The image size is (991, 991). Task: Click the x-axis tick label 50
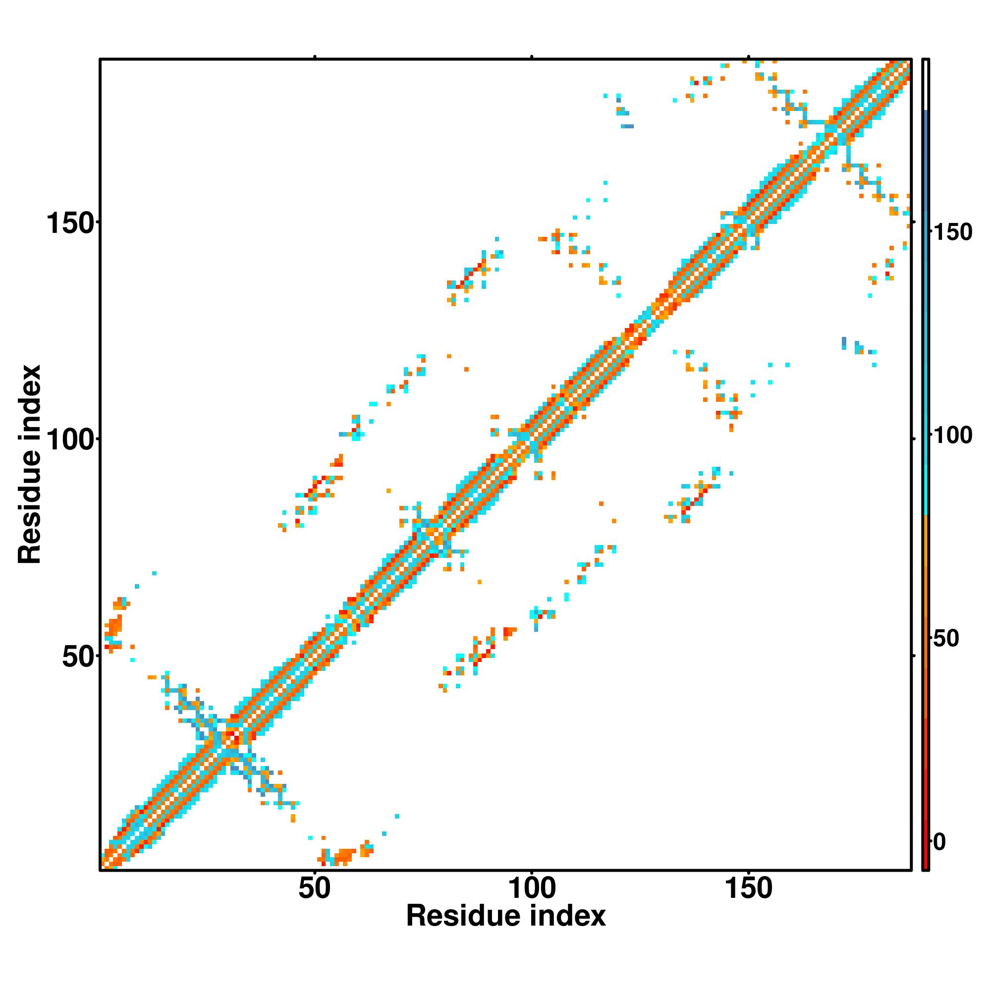(315, 889)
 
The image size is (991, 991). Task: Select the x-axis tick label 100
(532, 889)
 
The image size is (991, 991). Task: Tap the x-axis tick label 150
(748, 889)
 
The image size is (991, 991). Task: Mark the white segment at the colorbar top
(926, 85)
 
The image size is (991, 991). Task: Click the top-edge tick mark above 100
(532, 57)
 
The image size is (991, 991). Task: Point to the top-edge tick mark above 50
(315, 57)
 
